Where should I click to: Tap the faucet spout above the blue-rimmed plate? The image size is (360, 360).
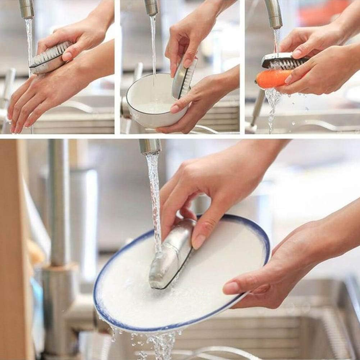pos(150,146)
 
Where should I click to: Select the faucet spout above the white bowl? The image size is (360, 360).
pos(152,7)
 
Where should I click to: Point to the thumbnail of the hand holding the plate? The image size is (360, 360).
pos(232,287)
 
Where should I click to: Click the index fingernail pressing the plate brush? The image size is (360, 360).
pos(199,241)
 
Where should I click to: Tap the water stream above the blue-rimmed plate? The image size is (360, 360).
pos(155,194)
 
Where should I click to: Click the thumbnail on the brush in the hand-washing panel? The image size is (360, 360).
pos(67,56)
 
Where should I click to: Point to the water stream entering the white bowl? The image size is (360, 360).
pos(153,47)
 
